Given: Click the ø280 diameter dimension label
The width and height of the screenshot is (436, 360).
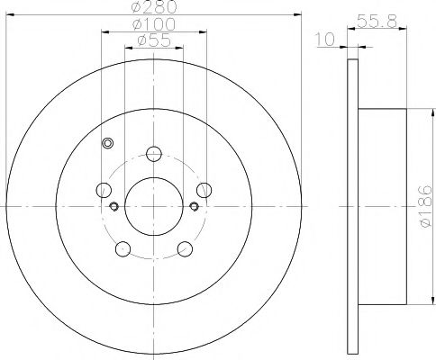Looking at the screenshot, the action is click(154, 7).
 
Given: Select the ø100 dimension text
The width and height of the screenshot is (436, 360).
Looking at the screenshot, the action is click(154, 24).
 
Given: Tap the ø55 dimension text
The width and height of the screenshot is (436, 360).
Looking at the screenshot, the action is click(154, 40).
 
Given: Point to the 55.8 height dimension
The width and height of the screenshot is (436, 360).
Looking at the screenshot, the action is click(377, 22).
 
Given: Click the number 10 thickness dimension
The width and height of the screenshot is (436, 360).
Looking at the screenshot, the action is click(324, 40).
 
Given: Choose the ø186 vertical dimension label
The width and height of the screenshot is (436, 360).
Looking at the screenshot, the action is click(426, 206).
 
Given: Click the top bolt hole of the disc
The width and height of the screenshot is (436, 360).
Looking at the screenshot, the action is click(154, 154).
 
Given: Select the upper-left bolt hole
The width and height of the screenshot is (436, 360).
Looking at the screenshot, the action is click(104, 190).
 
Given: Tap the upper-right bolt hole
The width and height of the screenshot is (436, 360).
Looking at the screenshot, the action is click(204, 190).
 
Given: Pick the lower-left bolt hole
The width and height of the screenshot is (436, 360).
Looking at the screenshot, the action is click(123, 249).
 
